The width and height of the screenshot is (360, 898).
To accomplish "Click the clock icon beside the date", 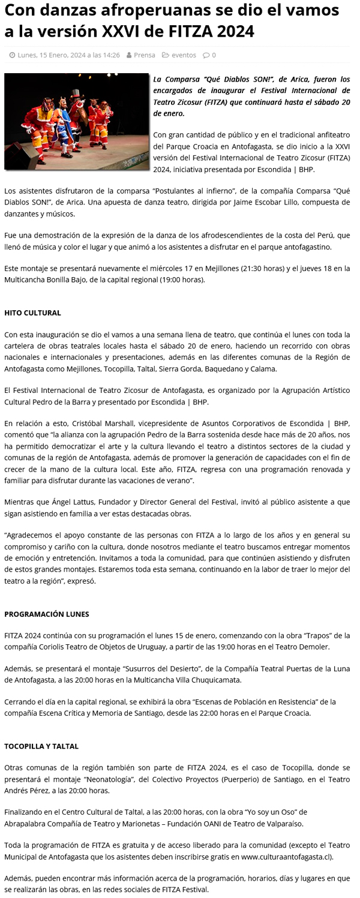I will pos(12,55).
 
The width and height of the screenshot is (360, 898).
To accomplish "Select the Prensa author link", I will pos(144,55).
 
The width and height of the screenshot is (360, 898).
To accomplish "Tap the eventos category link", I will pos(184,55).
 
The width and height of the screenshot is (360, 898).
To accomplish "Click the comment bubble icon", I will pos(206,55).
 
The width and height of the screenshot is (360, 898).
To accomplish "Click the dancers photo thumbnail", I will pos(76,121).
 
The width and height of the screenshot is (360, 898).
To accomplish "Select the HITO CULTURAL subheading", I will pos(32,313).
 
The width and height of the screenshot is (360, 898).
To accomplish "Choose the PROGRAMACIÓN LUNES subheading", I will pos(46,614).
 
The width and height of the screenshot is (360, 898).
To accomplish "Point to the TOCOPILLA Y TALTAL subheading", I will pos(41,746).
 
